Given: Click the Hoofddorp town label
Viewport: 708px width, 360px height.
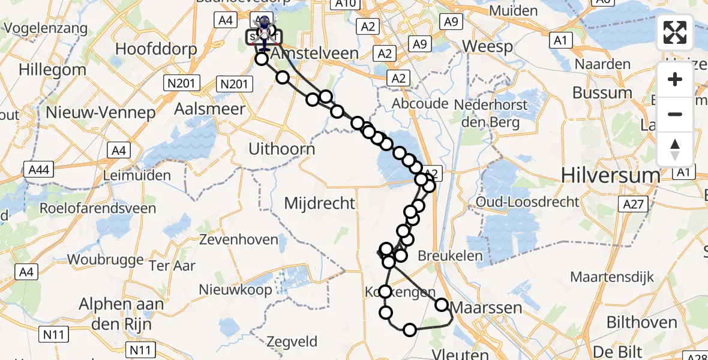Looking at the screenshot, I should [150, 49].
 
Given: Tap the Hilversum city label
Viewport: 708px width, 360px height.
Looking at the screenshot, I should [609, 175].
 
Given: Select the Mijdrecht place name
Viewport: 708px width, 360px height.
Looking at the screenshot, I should [320, 203].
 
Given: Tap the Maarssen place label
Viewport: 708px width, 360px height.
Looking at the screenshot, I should [486, 308].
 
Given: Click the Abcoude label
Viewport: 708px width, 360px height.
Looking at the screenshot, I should [420, 104].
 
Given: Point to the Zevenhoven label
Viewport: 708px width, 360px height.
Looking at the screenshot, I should [240, 240].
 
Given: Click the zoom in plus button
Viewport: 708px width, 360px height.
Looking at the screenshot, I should [675, 79].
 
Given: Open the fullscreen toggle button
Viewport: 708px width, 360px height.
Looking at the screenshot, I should [675, 33].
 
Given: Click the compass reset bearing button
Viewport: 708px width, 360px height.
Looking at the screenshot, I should [675, 149].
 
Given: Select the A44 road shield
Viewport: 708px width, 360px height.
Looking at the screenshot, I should [38, 170].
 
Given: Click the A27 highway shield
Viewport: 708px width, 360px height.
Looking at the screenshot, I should [633, 205].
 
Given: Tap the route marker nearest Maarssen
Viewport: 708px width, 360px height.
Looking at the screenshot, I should [442, 305].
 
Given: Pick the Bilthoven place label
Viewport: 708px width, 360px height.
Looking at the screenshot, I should [641, 323].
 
